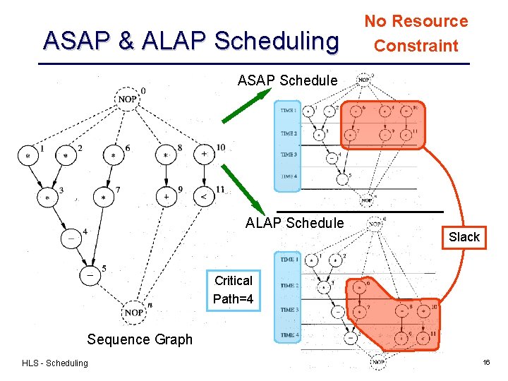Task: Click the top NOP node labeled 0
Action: [x=127, y=99]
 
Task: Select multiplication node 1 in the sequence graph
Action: [x=28, y=155]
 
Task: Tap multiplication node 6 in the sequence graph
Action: [x=113, y=155]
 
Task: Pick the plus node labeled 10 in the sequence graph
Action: [x=204, y=154]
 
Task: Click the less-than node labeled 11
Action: [x=204, y=197]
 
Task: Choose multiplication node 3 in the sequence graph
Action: [x=48, y=198]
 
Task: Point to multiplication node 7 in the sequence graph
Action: [x=104, y=198]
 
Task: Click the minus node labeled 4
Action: [x=71, y=238]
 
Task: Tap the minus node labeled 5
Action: [x=90, y=275]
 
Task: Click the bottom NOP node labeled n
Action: [x=134, y=312]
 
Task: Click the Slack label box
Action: [x=464, y=237]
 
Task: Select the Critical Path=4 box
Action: [x=233, y=290]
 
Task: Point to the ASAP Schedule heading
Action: [x=287, y=80]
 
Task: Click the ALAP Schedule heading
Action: [x=294, y=223]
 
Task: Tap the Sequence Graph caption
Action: [x=139, y=339]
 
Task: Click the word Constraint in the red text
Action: [x=416, y=46]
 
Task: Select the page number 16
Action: [x=486, y=362]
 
